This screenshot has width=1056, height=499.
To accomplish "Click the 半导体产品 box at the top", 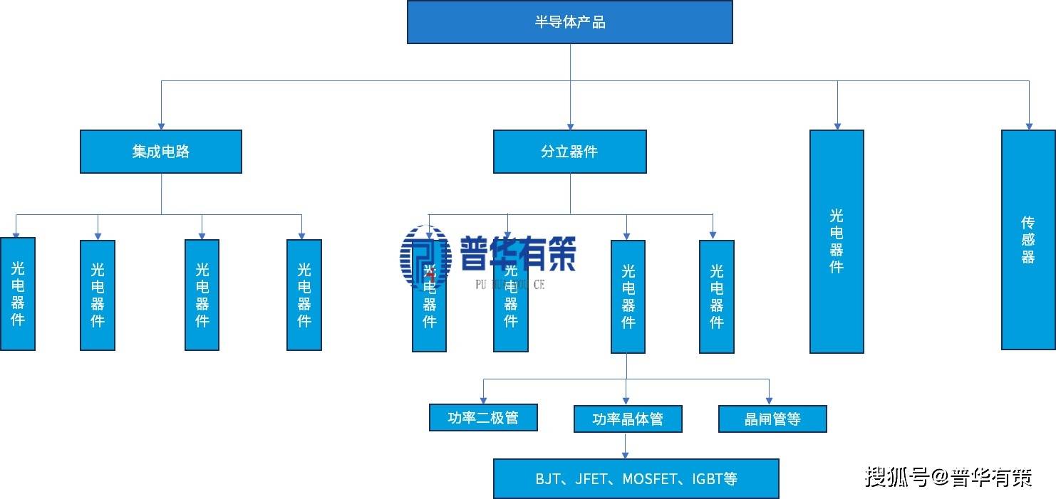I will (x=569, y=22).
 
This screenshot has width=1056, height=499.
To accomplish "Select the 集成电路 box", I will (x=160, y=152).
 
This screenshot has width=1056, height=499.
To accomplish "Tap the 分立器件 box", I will (x=569, y=152).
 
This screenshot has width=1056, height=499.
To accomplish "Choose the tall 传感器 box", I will (x=1027, y=240).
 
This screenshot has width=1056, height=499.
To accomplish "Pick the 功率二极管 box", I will (x=483, y=418).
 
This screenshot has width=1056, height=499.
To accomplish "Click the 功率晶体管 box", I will (x=627, y=419).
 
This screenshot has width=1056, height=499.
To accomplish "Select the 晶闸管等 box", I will (x=772, y=419).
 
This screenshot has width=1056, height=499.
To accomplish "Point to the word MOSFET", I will (x=648, y=479).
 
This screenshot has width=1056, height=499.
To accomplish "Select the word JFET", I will (x=591, y=479).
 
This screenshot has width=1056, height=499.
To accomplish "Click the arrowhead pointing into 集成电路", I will (x=161, y=125).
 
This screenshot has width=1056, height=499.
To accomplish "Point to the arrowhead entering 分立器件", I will (x=570, y=125).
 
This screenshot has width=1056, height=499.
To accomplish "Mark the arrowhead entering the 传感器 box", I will (x=1029, y=125).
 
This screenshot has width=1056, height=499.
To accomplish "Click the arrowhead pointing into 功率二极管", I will (x=484, y=400).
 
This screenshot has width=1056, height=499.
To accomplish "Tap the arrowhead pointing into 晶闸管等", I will (x=770, y=401).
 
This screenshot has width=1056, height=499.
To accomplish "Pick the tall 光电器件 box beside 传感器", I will (x=837, y=241).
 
